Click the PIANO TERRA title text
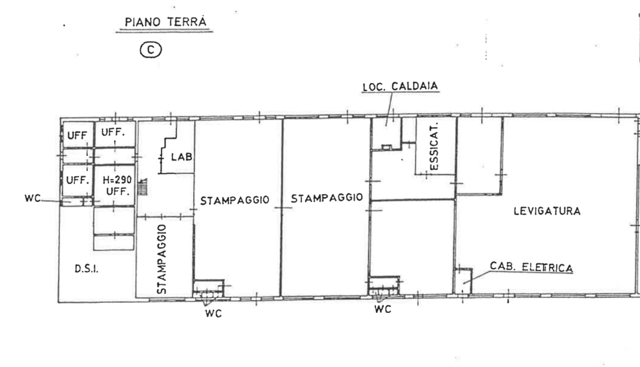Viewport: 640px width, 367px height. coord(165,22)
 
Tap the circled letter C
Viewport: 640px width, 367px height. coord(151,50)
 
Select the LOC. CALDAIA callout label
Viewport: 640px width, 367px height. coord(400,86)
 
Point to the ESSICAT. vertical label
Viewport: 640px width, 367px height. coord(434,146)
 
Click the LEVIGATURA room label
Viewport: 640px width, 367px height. coord(547,211)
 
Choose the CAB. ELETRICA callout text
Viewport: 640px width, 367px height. coord(531,267)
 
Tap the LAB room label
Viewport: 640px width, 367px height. coord(182,157)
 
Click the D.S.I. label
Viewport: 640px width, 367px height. coord(87,269)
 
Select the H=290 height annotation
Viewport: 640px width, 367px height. coord(117,180)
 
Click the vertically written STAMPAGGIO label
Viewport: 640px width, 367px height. coord(161,259)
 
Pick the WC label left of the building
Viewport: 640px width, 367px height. coord(32,198)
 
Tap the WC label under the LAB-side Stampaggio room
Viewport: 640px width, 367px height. coord(213,313)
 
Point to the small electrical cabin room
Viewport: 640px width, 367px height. coord(463,281)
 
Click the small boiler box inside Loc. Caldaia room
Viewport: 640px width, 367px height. coord(387,147)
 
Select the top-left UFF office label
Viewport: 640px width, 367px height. coord(77,135)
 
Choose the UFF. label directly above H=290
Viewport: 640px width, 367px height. coord(113,132)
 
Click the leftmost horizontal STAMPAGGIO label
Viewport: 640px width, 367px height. coord(234,200)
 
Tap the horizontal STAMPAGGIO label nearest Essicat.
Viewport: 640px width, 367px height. coord(327,198)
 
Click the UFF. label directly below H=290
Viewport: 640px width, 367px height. coord(118,191)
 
